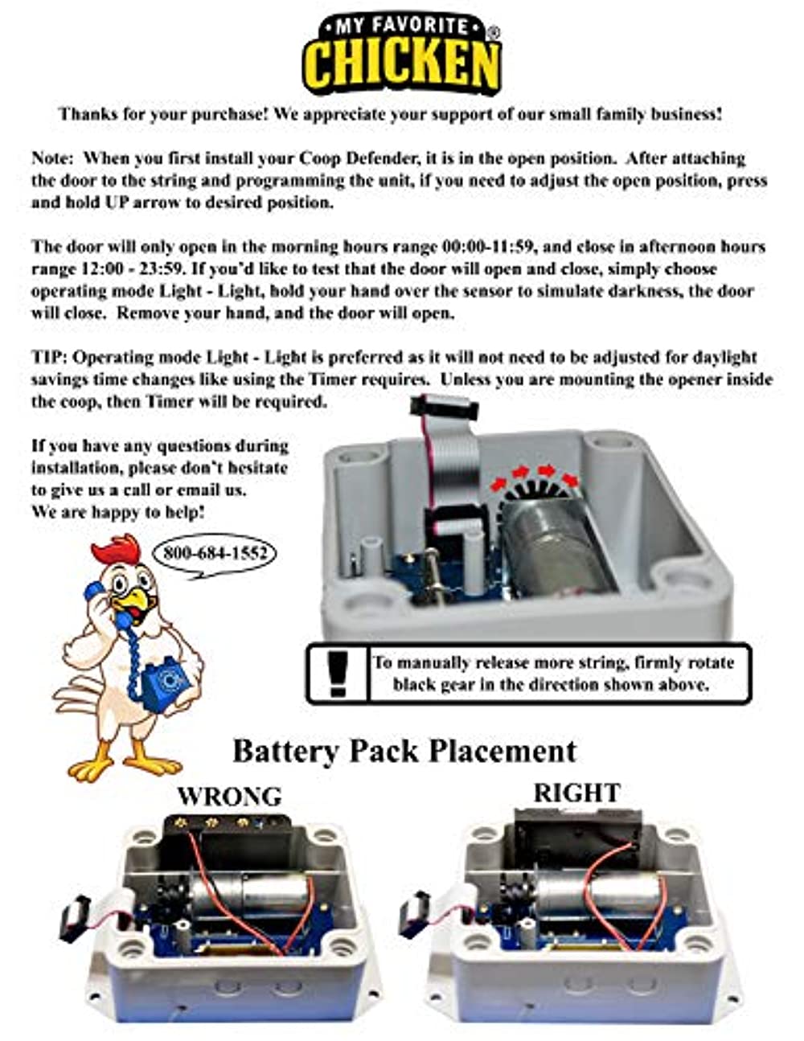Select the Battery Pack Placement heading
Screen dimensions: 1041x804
pos(404,751)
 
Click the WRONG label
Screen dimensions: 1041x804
pos(229,796)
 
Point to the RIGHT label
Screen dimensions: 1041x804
pos(576,793)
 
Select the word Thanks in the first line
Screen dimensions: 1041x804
pos(88,114)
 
